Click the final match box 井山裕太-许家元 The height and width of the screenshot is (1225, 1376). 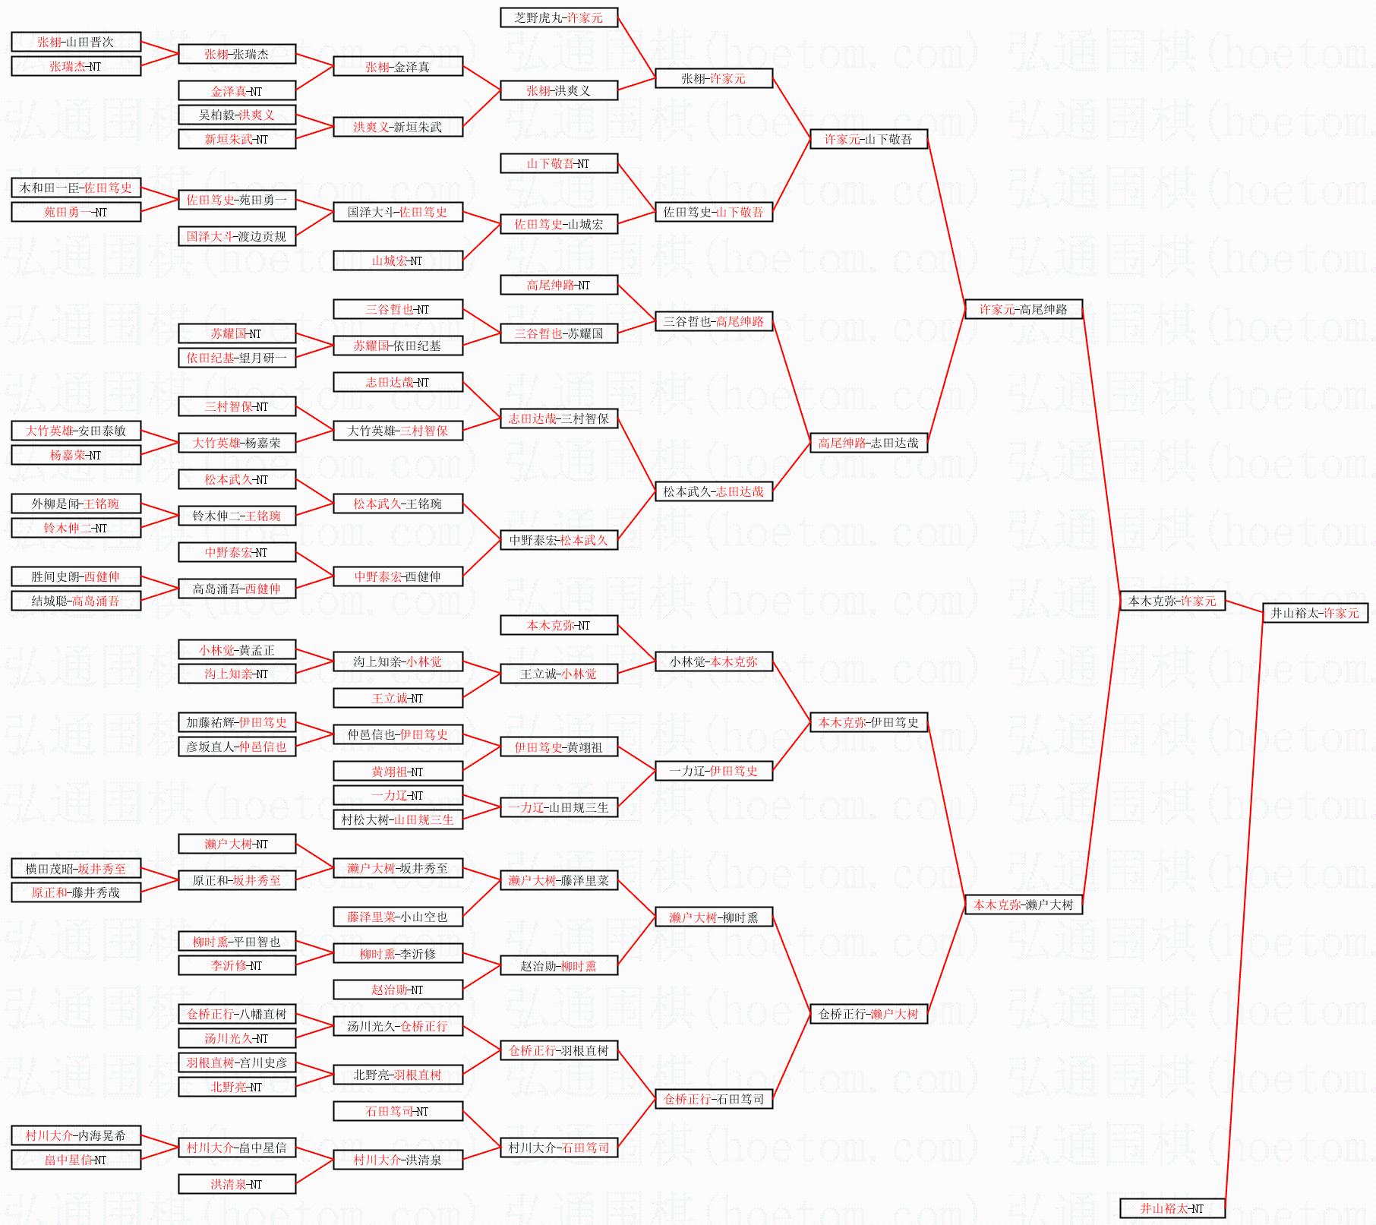tap(1315, 613)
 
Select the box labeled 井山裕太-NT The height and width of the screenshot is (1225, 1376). tap(1172, 1208)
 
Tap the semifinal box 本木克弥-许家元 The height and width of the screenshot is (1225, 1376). tap(1172, 601)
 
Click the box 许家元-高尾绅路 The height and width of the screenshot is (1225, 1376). tap(1024, 309)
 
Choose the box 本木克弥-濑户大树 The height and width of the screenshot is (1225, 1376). tap(1024, 905)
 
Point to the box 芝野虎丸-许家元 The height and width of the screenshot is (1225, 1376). tap(559, 17)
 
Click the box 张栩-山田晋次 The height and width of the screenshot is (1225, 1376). tap(76, 42)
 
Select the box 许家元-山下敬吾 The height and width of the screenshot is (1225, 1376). tap(869, 139)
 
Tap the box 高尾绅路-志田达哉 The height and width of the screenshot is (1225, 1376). tap(869, 443)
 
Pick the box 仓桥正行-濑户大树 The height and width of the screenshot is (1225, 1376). tap(869, 1014)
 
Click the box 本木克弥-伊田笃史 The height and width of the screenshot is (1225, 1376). tap(869, 722)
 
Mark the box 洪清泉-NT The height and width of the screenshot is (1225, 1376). tap(237, 1184)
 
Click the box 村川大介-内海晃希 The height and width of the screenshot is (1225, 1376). tap(76, 1135)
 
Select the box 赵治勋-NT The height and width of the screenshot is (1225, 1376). tap(398, 990)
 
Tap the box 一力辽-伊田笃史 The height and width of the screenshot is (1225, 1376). tap(714, 771)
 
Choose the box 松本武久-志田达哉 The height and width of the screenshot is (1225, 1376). tap(714, 491)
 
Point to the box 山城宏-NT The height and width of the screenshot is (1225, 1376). tap(398, 260)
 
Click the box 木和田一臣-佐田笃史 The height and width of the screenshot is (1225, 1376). tap(76, 188)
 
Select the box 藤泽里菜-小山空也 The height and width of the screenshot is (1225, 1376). tap(398, 917)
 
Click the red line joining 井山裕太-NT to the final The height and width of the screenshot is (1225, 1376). tap(1244, 911)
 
